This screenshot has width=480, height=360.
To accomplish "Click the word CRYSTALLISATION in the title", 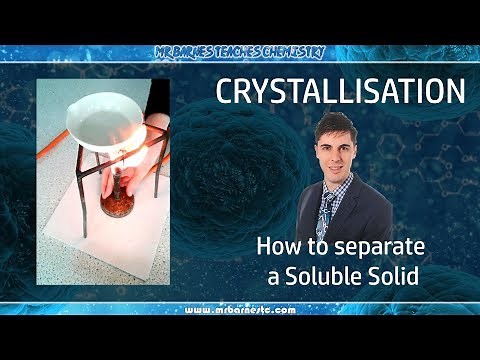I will [340, 92].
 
